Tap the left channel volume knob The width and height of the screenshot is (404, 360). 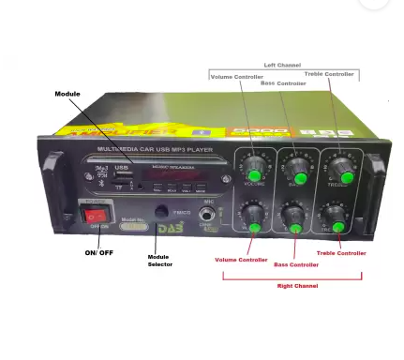pos(252,173)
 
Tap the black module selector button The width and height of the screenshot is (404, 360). pos(161,213)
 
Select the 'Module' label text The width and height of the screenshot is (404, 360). pos(67,94)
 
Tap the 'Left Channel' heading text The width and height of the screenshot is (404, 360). pos(281,66)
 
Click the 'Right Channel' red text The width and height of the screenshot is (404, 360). pos(293,285)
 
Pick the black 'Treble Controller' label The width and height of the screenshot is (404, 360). pos(329,73)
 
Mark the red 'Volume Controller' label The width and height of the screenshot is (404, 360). pos(243,259)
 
